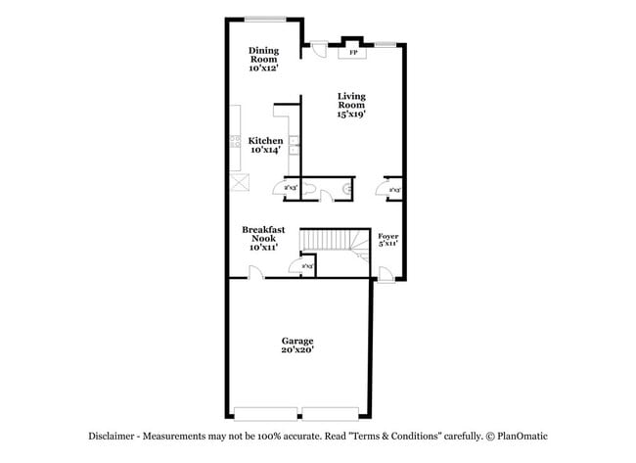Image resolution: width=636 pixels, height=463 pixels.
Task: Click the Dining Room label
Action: click(263, 55)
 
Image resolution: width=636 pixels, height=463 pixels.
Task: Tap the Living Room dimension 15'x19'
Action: click(351, 115)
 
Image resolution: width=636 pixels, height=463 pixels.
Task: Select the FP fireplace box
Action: click(352, 52)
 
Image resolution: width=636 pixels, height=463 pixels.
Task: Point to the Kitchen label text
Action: click(265, 140)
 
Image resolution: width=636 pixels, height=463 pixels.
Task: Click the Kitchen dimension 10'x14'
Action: click(265, 150)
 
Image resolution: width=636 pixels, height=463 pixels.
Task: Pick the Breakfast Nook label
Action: click(264, 234)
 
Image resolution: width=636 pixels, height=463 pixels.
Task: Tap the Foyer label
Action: click(388, 235)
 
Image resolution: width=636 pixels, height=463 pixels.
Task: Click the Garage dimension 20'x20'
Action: click(297, 349)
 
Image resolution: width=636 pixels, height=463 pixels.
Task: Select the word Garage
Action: click(297, 340)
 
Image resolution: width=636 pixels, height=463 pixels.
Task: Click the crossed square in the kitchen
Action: click(237, 182)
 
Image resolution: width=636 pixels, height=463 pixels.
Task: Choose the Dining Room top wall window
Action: click(264, 19)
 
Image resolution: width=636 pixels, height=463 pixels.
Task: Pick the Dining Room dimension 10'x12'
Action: click(263, 69)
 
